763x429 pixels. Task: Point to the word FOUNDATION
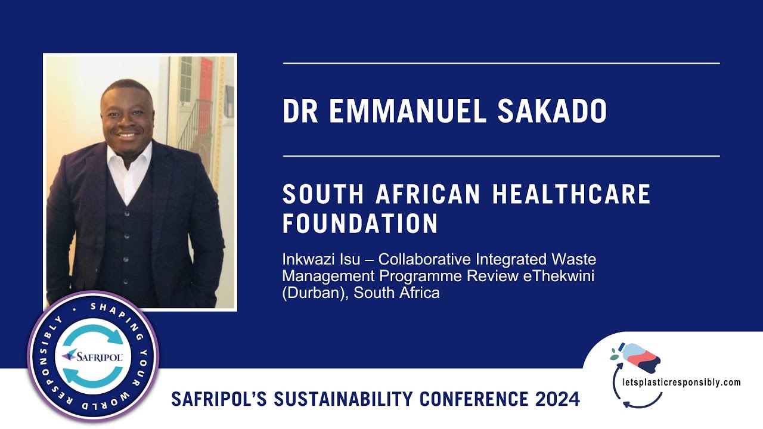(360, 224)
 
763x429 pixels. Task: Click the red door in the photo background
(206, 89)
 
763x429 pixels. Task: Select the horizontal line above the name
(501, 63)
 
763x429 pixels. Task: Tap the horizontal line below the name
(501, 156)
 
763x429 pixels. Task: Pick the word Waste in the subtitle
(578, 260)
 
